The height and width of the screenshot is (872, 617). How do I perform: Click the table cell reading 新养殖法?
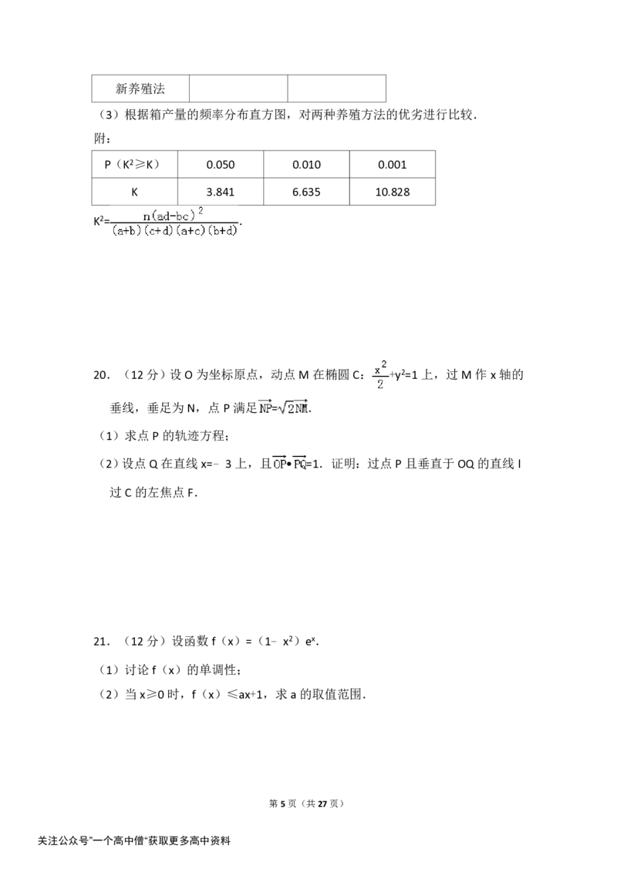tap(140, 89)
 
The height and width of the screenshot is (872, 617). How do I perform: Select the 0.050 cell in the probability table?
tap(221, 165)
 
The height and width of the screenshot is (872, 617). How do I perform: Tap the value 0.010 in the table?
tap(306, 165)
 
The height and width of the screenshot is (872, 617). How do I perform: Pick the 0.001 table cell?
tap(392, 165)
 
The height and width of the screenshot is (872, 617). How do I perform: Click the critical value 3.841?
tap(221, 192)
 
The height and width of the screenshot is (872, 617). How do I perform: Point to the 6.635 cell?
tap(306, 192)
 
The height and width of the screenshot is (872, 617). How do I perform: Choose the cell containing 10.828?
tap(392, 192)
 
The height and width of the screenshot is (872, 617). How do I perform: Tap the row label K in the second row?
tap(135, 192)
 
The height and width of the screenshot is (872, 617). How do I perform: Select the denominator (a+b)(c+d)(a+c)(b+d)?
tap(175, 230)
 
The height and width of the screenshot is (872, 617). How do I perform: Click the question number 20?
tap(101, 375)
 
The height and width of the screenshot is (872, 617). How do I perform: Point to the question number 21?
tap(101, 642)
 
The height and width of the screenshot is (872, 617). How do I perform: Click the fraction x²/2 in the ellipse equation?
tap(380, 375)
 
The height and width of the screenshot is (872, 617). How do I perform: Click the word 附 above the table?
tap(99, 138)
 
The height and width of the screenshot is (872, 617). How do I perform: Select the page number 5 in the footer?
tap(282, 803)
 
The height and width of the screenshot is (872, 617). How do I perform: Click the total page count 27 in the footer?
tap(322, 803)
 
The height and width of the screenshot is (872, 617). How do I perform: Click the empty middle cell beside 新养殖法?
tap(238, 89)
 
